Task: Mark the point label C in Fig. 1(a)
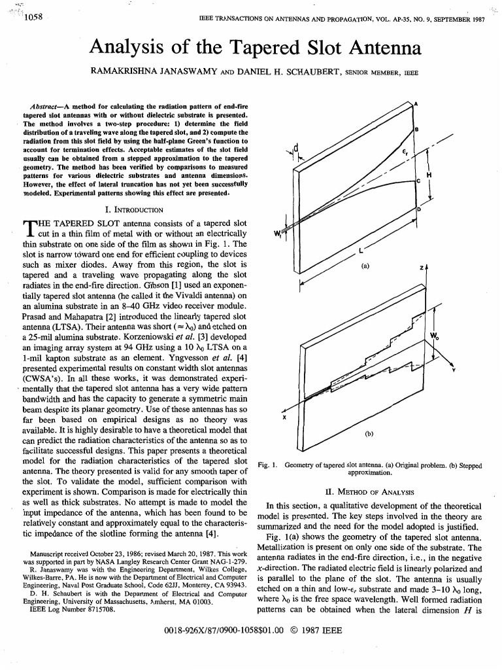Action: (418, 181)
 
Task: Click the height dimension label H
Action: (428, 175)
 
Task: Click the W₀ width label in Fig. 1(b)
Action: (433, 336)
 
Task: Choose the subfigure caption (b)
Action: (369, 433)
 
